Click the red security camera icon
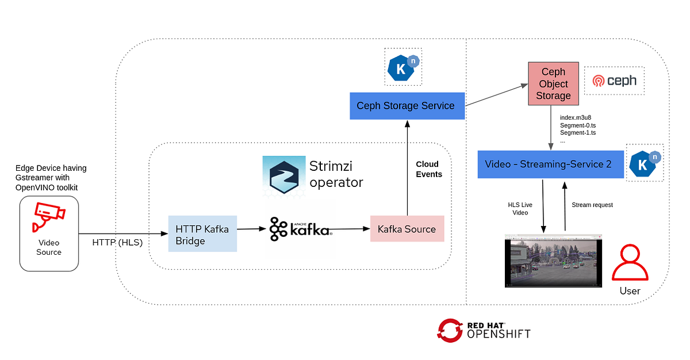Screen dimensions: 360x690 (48, 216)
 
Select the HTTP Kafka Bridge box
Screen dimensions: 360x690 (202, 233)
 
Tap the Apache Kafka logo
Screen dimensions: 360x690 (300, 229)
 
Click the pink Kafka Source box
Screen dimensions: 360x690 (407, 229)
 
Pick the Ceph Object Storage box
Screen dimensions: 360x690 (553, 84)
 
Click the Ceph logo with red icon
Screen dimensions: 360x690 (615, 81)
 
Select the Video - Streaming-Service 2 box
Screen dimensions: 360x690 (550, 164)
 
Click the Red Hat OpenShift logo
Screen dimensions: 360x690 (484, 330)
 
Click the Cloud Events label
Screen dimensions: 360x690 (429, 169)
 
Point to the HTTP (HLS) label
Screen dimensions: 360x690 (117, 242)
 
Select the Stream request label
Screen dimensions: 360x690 (592, 205)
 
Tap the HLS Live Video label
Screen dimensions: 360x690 (520, 209)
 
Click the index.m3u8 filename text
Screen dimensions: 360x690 (576, 118)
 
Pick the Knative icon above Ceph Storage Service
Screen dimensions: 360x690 (403, 67)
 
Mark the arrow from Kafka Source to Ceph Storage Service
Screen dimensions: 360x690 (407, 167)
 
